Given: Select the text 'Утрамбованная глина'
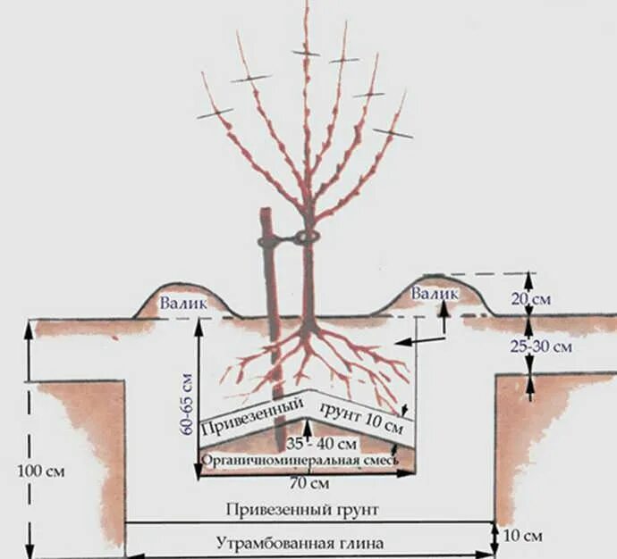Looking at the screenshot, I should [x=299, y=542].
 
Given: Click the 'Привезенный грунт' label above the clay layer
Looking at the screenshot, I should [x=308, y=509].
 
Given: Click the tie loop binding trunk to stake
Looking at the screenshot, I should [x=307, y=238].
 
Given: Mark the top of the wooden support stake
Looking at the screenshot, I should [x=266, y=212].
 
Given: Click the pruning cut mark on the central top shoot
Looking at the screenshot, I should [x=305, y=54].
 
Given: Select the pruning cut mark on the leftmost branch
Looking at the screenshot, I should [x=214, y=113].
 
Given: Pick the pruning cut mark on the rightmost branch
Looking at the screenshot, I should [x=393, y=133].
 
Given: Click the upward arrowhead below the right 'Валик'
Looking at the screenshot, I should [x=443, y=305].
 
